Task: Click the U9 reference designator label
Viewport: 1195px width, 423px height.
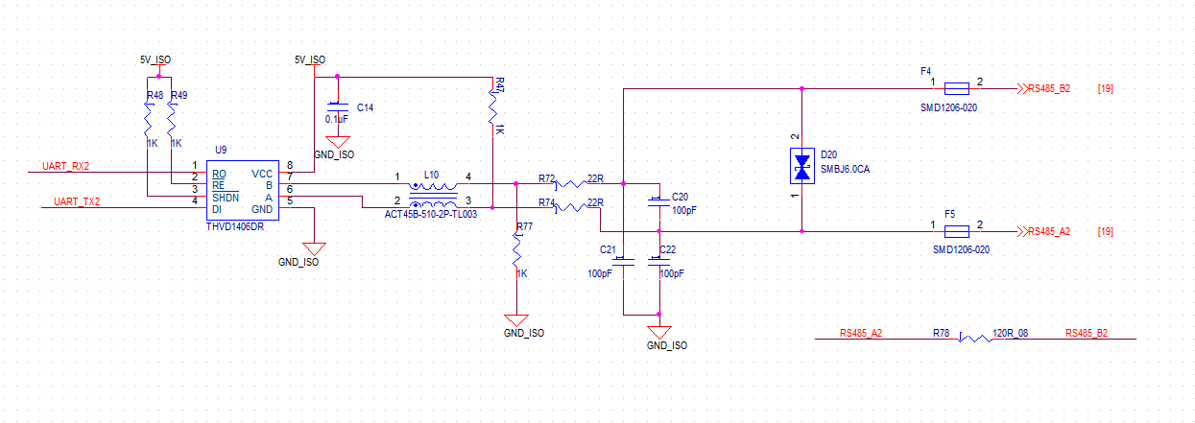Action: tap(221, 150)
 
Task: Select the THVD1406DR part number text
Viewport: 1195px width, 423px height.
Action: tap(235, 226)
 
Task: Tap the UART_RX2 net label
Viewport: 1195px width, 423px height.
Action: tap(65, 167)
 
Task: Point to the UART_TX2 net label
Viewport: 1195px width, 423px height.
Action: tap(77, 201)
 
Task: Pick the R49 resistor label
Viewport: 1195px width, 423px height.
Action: tap(179, 96)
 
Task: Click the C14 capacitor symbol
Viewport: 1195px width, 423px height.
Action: tap(338, 107)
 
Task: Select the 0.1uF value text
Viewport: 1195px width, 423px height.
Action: tap(336, 120)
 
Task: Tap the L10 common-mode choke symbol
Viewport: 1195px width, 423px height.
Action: tap(433, 196)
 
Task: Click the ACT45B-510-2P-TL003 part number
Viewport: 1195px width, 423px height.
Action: tap(431, 215)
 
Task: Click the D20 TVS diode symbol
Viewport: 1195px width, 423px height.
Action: tap(801, 167)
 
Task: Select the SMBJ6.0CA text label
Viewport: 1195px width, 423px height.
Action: tap(845, 169)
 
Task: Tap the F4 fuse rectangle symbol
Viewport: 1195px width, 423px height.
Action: tap(957, 88)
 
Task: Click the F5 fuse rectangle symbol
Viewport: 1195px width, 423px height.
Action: tap(957, 231)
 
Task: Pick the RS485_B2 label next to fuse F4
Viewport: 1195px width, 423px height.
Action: tap(1049, 88)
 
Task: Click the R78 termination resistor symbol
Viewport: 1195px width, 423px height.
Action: tap(975, 339)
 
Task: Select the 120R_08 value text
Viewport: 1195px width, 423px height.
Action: tap(1010, 334)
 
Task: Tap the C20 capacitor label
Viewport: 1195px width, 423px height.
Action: tap(681, 197)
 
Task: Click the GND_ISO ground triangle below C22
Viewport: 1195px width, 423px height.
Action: tap(659, 332)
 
